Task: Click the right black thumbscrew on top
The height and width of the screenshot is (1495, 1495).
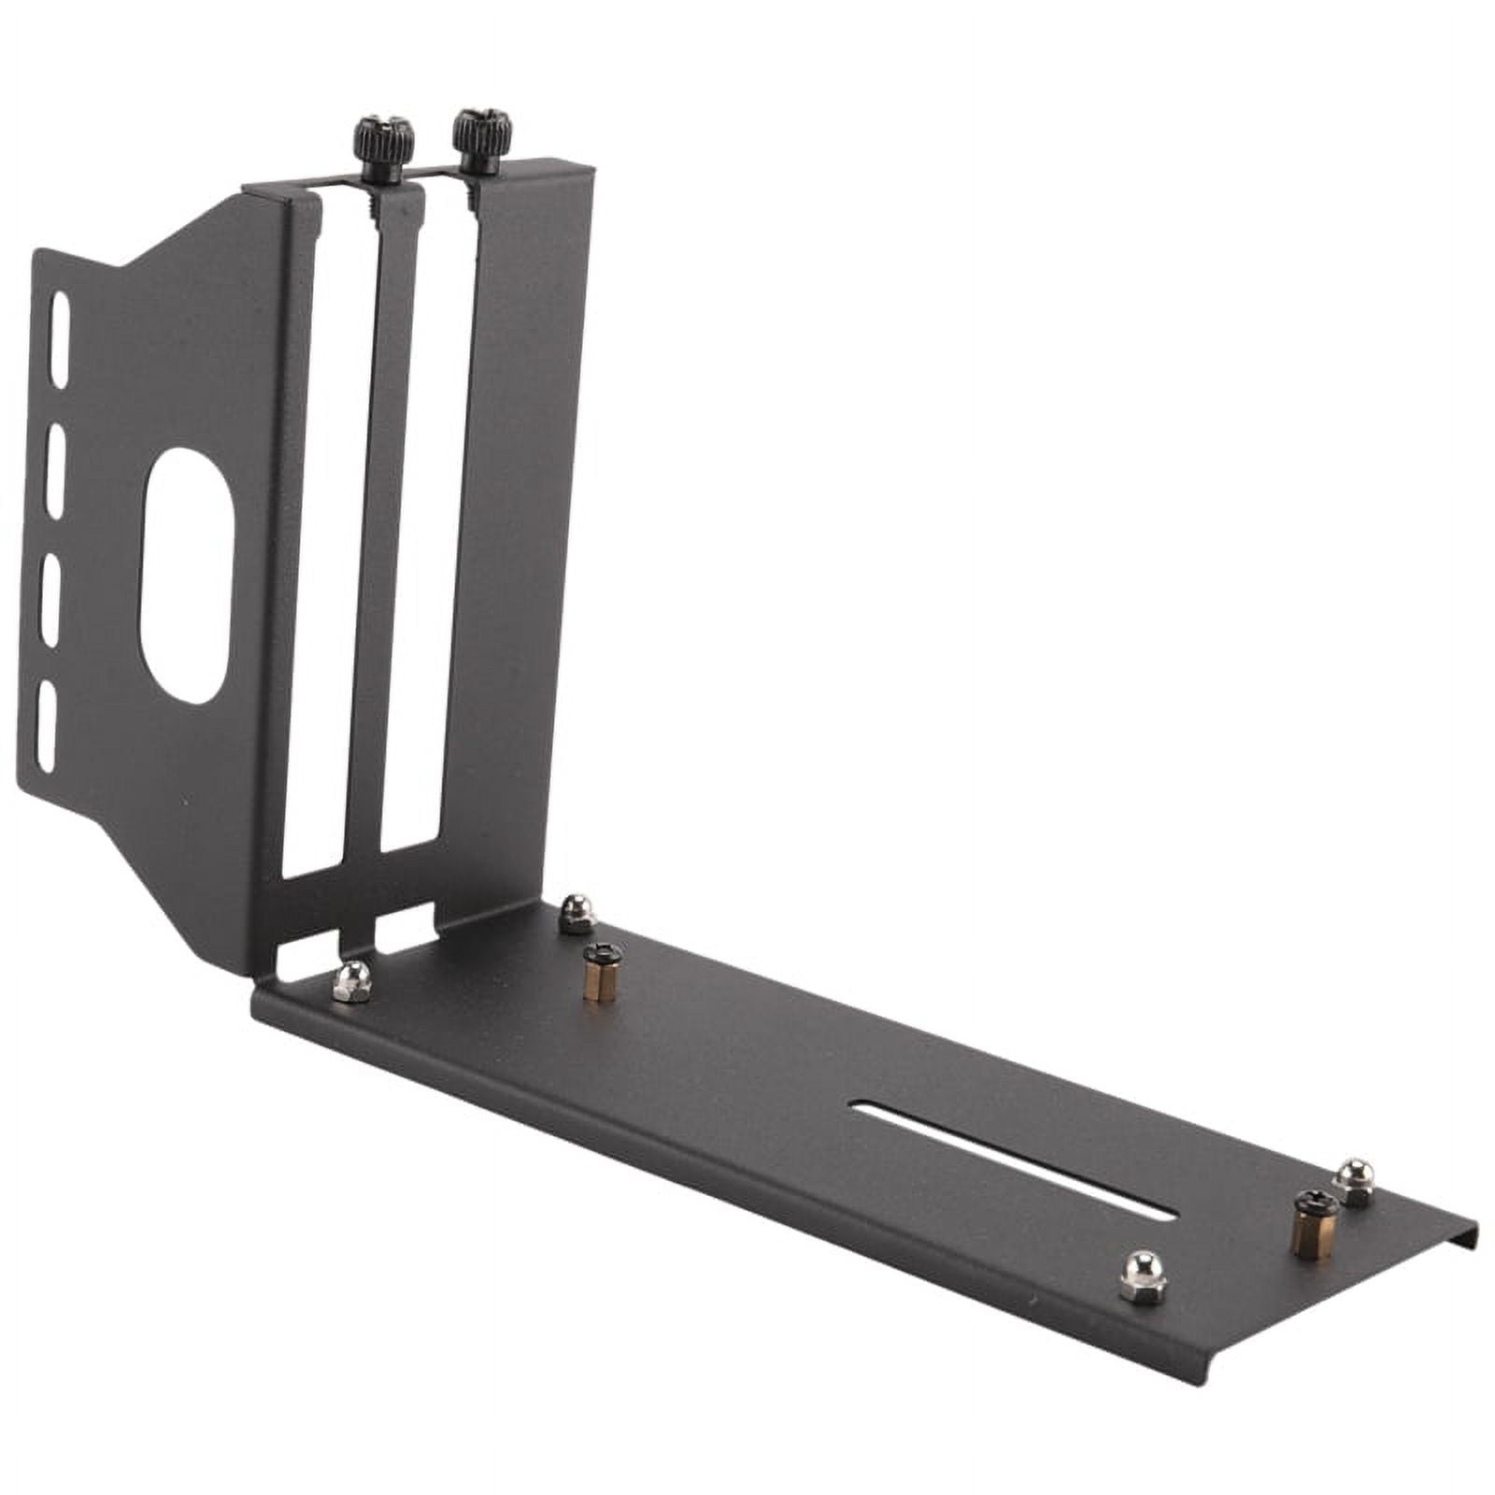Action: click(481, 139)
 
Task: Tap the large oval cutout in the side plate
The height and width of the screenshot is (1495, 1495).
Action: click(185, 576)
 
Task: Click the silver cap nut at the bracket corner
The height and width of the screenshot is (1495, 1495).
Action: click(352, 981)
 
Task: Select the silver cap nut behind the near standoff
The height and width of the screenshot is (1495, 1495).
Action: click(577, 913)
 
